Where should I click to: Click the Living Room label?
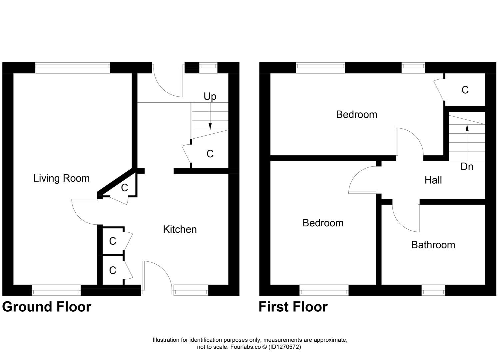click(61, 178)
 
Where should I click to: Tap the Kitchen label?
click(180, 229)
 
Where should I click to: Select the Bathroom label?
click(433, 245)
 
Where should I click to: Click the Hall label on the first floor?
click(433, 180)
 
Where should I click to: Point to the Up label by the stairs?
click(210, 97)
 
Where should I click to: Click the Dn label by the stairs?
click(467, 166)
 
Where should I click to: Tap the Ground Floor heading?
click(47, 307)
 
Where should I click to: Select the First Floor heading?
click(293, 307)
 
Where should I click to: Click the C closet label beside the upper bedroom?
click(465, 90)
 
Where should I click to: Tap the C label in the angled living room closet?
click(124, 188)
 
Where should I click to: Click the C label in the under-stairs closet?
click(210, 154)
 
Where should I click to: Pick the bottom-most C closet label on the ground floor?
click(113, 270)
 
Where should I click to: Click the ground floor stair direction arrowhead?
click(210, 126)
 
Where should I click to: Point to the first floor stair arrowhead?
click(467, 127)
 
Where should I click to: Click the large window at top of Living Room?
click(72, 68)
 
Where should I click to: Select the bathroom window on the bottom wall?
click(433, 290)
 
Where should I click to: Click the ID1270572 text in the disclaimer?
click(284, 347)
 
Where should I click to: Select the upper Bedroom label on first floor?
click(356, 115)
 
